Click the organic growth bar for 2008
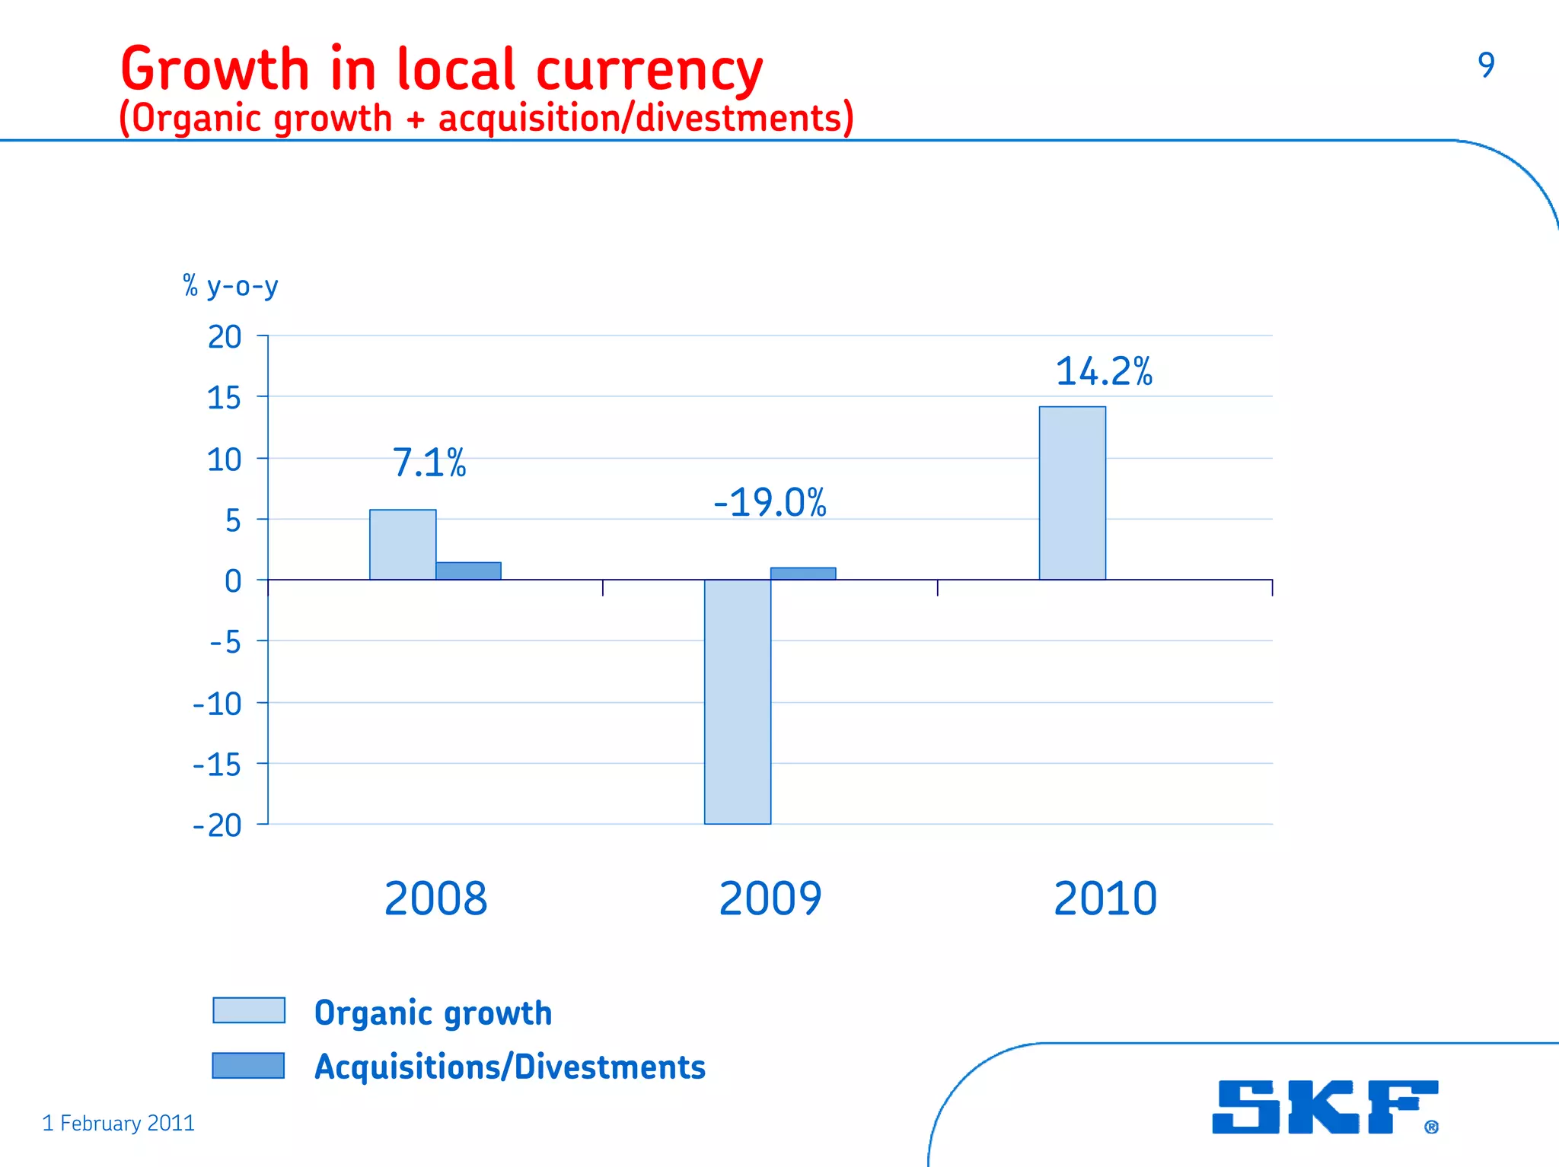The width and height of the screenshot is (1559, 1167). [x=403, y=545]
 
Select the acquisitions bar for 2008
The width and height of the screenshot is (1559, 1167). [x=468, y=571]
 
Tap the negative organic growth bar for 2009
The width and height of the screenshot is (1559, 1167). [x=737, y=701]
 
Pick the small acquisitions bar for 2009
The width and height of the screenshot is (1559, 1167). [x=802, y=574]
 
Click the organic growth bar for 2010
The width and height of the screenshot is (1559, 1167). [x=1072, y=493]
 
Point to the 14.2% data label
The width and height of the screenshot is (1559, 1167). [x=1103, y=372]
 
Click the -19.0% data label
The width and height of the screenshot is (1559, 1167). [x=770, y=503]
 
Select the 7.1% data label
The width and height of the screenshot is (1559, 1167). [x=429, y=463]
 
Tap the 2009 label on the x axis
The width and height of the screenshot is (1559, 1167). [x=770, y=898]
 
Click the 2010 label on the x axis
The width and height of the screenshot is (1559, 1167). [x=1105, y=898]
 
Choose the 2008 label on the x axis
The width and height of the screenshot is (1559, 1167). [x=435, y=898]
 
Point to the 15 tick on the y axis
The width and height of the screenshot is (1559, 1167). [x=224, y=398]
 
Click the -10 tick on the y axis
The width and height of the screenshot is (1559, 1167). [x=217, y=704]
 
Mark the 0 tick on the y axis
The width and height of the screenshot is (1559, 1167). [x=233, y=581]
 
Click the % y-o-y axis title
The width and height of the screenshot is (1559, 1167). [x=231, y=287]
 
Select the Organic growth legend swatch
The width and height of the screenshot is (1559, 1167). [x=249, y=1010]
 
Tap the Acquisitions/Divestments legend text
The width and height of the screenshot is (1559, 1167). [x=510, y=1067]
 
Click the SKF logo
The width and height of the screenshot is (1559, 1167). [x=1324, y=1107]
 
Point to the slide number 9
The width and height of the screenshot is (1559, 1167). [x=1486, y=65]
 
